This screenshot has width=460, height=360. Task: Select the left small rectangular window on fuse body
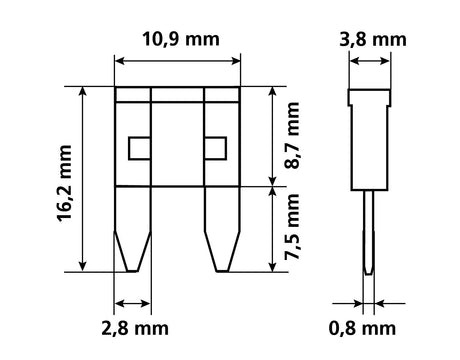coord(138,149)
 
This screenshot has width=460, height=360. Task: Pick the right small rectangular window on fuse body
coord(214,149)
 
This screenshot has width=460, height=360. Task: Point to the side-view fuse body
coord(369,140)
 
